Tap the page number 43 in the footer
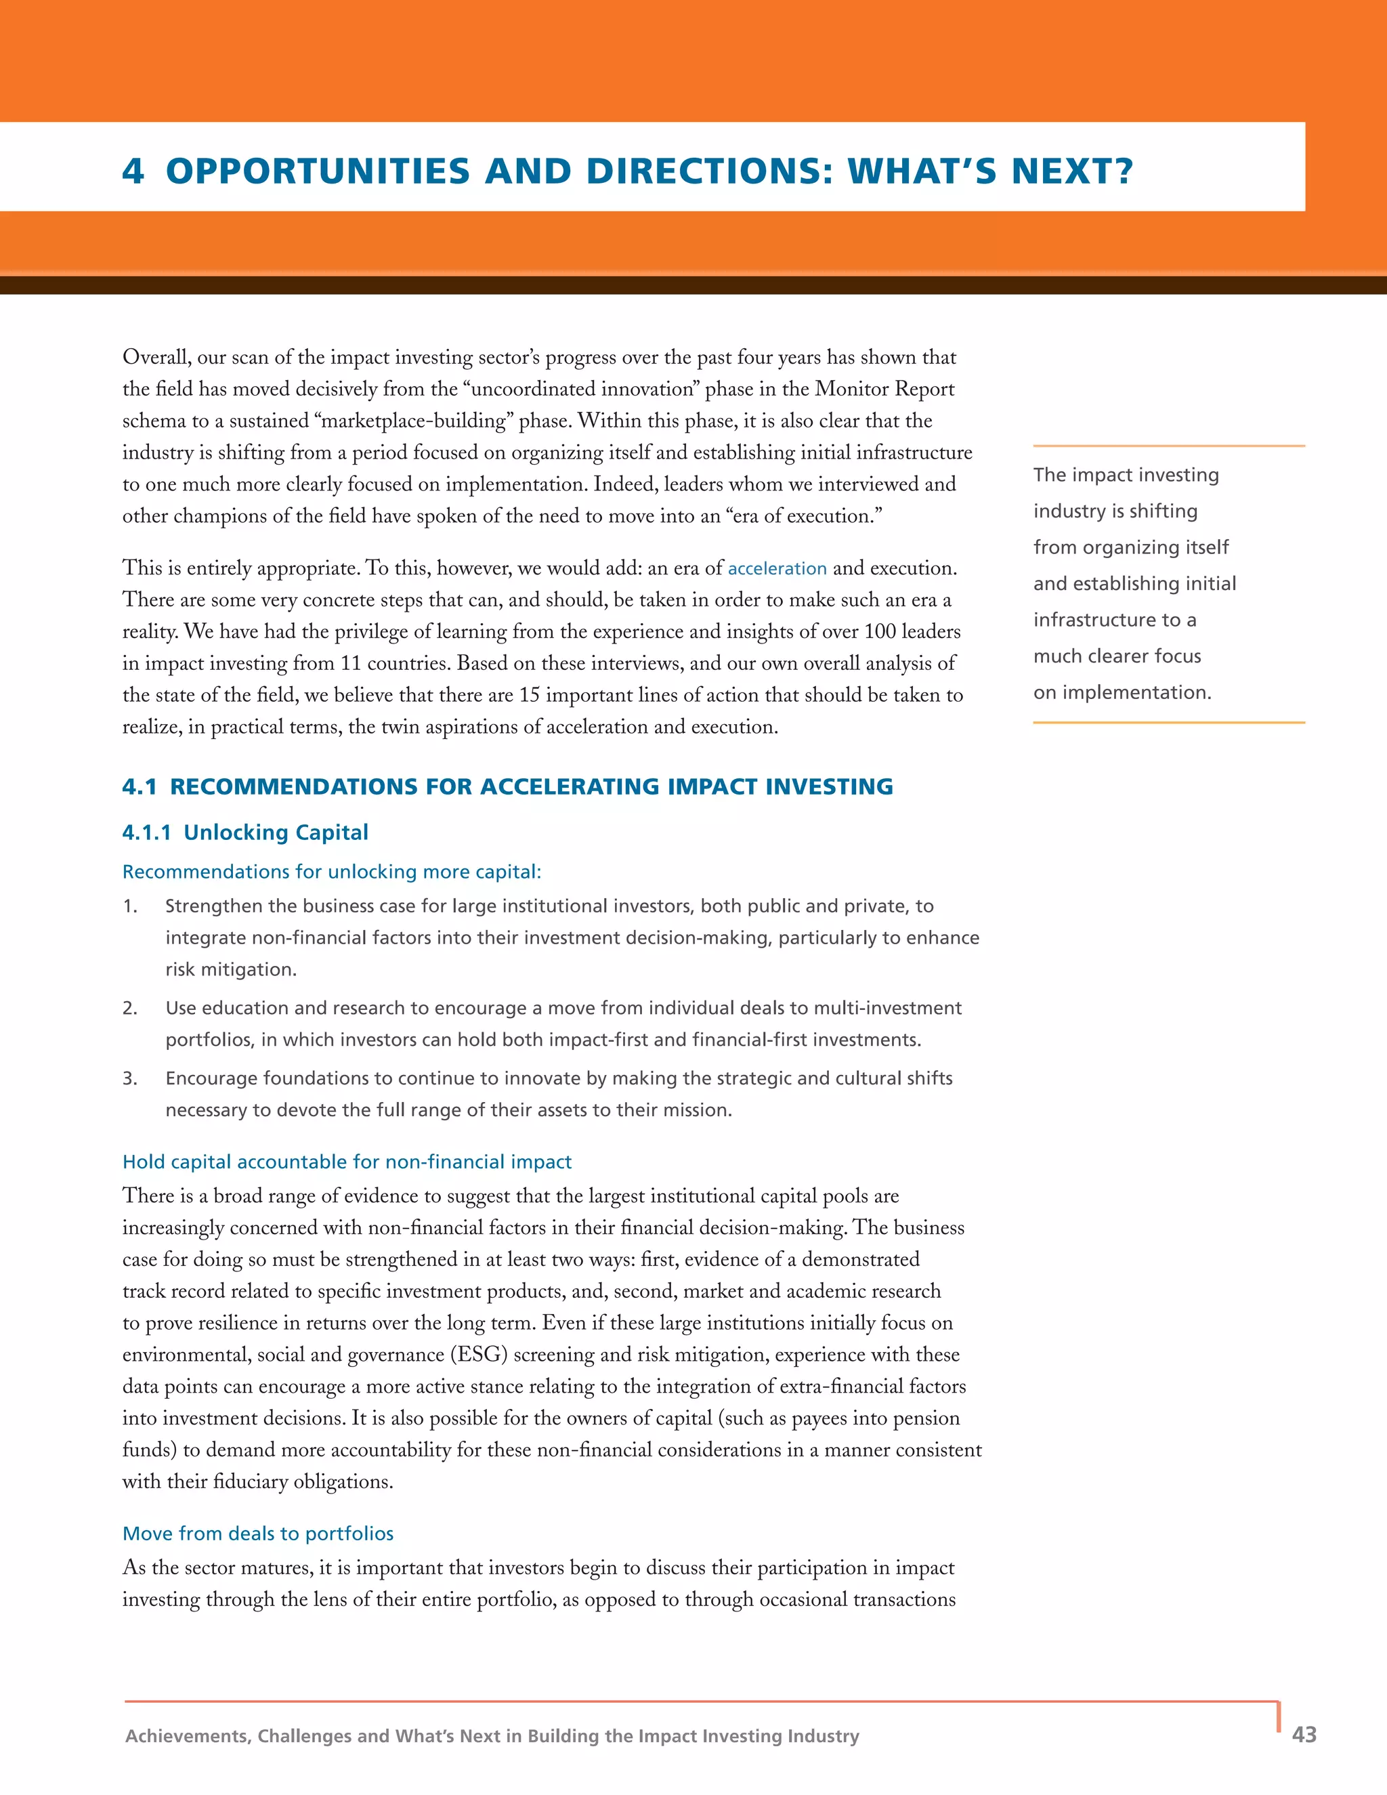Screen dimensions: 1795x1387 (x=1304, y=1734)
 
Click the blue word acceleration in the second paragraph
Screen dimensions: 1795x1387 (x=777, y=569)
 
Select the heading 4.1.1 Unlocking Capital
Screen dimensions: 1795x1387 (x=245, y=832)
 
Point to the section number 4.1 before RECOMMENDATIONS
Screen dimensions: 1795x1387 (x=139, y=786)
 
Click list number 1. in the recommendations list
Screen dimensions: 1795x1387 (x=130, y=906)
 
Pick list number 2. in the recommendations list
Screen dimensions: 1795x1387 (x=130, y=1009)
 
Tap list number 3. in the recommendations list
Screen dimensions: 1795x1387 (x=130, y=1078)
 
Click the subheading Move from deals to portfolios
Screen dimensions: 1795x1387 (x=258, y=1534)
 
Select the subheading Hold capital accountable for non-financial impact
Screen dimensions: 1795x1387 (x=347, y=1162)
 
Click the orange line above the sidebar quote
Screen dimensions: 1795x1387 (x=1168, y=446)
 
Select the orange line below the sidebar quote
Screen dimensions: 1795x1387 (x=1168, y=723)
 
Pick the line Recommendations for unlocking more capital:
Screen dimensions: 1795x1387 (x=332, y=872)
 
